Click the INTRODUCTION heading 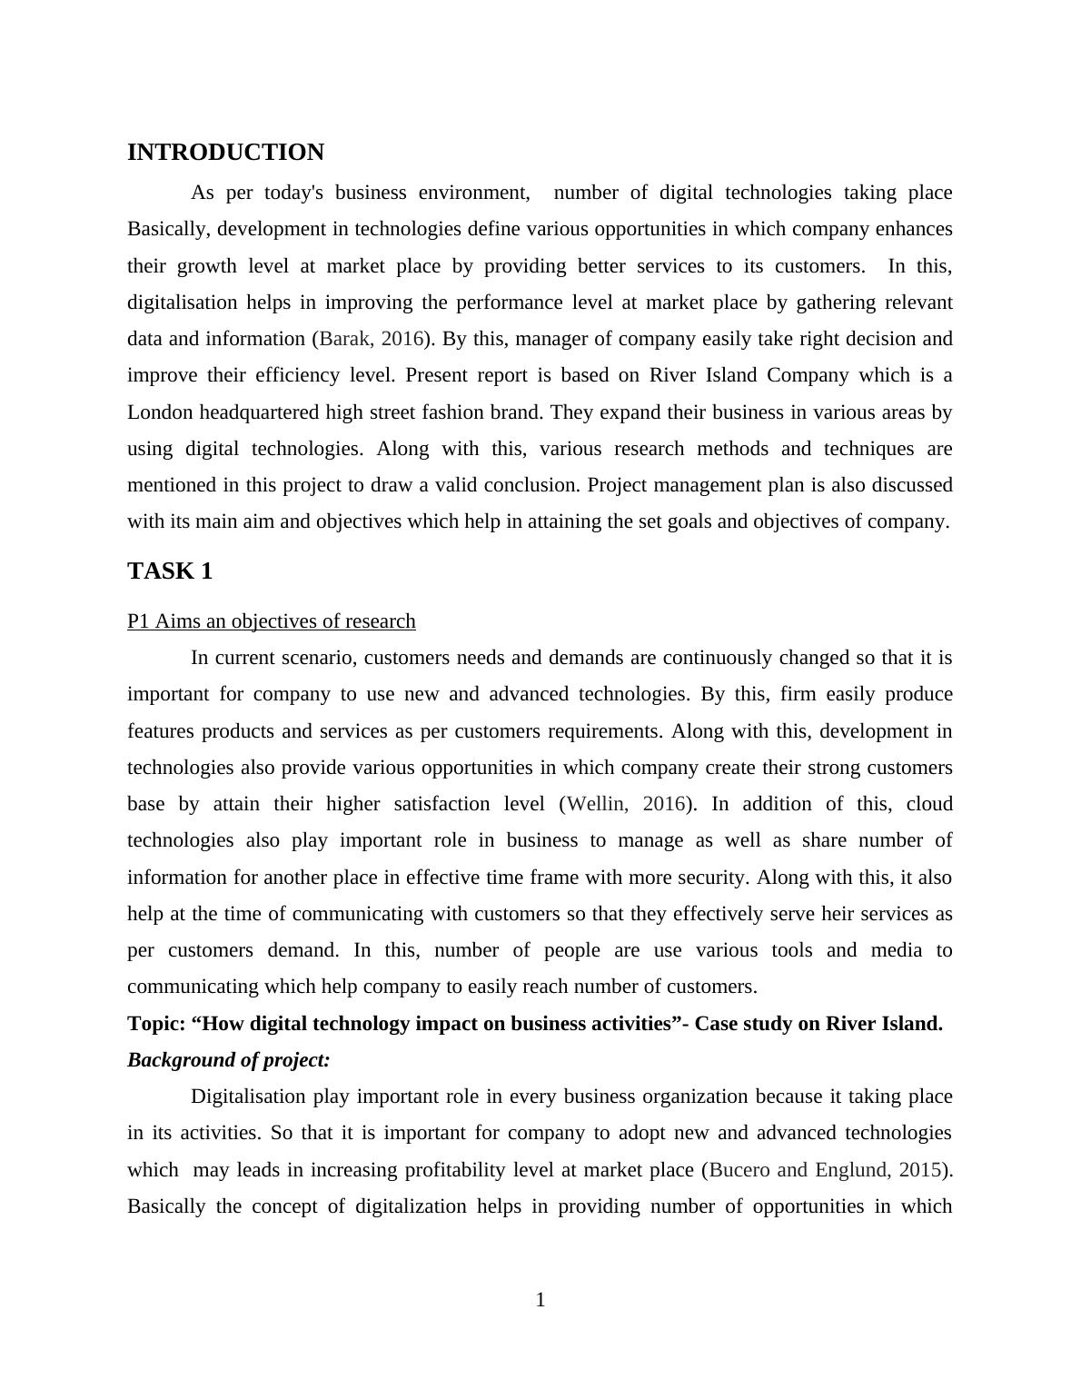click(225, 153)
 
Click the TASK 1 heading click(170, 571)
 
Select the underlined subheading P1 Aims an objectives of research click(271, 621)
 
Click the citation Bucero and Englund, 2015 click(825, 1170)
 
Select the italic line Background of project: click(229, 1060)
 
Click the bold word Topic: click(156, 1024)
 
